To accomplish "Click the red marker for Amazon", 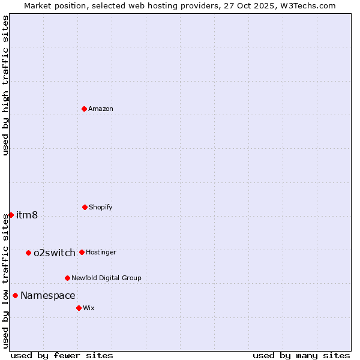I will click(84, 109).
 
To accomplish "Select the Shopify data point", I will click(85, 207).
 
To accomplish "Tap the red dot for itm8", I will click(11, 215).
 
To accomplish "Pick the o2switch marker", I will click(28, 253).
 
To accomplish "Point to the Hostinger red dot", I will click(82, 252).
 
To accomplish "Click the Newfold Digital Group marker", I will click(67, 278).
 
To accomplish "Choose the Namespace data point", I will click(15, 295).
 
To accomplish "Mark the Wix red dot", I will click(79, 308).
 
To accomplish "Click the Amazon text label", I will click(101, 109).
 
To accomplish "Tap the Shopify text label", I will click(101, 207).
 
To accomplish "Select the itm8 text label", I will click(27, 215).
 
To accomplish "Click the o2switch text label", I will click(55, 253).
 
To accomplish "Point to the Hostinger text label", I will click(101, 252).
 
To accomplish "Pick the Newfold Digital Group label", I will click(106, 278).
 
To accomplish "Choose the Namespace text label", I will click(48, 295).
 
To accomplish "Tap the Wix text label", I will click(89, 308).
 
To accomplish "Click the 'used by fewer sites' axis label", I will click(62, 355).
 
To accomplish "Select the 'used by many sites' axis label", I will click(301, 355).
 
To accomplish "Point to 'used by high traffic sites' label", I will click(5, 85).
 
